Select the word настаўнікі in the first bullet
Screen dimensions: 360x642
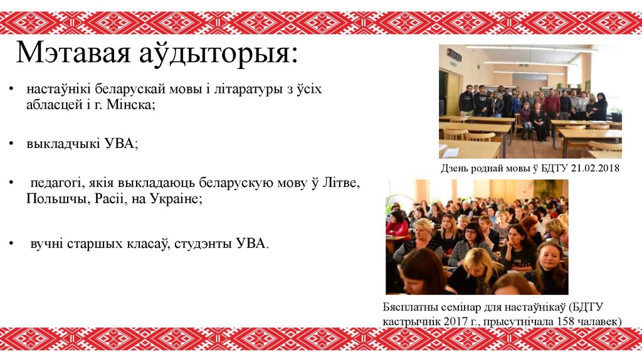58,89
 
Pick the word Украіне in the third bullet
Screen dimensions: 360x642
177,199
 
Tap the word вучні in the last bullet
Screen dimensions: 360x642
46,243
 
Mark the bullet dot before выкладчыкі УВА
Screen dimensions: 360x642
11,144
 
